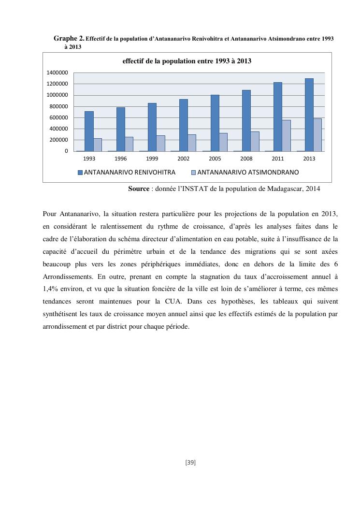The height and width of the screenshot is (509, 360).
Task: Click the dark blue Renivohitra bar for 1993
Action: click(x=89, y=131)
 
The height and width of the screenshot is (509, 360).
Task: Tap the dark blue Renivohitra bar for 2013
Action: click(x=309, y=115)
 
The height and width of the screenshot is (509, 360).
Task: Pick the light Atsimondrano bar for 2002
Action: click(x=192, y=143)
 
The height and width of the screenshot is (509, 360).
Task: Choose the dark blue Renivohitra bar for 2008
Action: click(x=246, y=121)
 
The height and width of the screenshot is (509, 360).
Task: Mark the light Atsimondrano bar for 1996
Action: click(x=129, y=144)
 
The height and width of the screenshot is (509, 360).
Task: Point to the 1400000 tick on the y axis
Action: click(x=57, y=73)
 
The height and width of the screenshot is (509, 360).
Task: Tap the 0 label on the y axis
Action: click(x=67, y=151)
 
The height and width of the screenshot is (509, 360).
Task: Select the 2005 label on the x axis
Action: click(x=215, y=159)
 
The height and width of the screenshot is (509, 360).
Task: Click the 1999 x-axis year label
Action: click(x=152, y=159)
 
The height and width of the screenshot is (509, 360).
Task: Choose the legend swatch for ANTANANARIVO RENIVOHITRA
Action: click(x=80, y=172)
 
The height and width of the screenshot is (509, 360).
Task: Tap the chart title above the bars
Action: click(x=187, y=61)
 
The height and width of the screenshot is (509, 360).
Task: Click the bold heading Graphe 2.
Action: click(x=69, y=38)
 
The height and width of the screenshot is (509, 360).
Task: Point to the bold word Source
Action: click(x=138, y=189)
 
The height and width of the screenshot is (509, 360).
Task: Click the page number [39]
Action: click(x=190, y=463)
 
